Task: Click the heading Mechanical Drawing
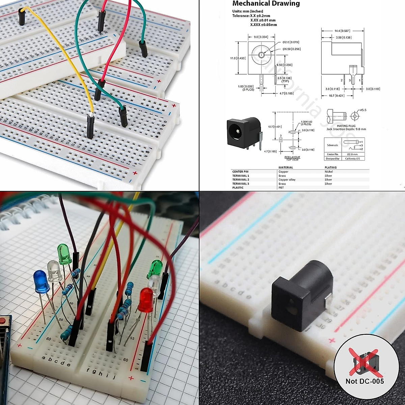(x=266, y=4)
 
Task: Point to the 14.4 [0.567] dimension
(x=342, y=31)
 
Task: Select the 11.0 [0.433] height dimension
(x=238, y=58)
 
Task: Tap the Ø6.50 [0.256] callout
(x=292, y=49)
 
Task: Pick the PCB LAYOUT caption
(x=292, y=157)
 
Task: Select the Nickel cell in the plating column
(x=329, y=172)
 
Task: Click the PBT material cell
(x=281, y=188)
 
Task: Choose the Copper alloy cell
(x=287, y=180)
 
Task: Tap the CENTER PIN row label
(x=240, y=172)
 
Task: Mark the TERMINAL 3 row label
(x=241, y=184)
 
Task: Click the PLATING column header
(x=330, y=167)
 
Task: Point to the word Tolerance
(x=241, y=16)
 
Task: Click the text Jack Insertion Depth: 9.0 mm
(x=346, y=129)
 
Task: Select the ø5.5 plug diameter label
(x=363, y=110)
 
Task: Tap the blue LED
(x=41, y=281)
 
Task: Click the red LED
(x=146, y=300)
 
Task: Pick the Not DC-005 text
(x=364, y=381)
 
